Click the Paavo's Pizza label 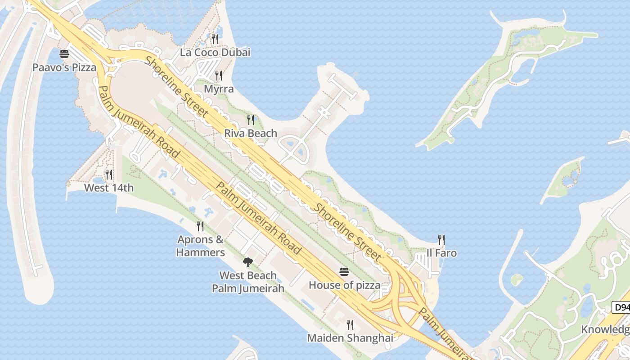64,67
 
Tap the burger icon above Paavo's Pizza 64,54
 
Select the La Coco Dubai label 215,52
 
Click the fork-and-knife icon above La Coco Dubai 215,39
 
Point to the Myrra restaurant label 219,89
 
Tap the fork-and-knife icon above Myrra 219,75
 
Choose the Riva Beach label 251,133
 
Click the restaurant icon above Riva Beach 251,120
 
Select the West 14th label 109,188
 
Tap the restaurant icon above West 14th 109,175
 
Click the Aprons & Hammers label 200,246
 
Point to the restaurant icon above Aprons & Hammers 200,226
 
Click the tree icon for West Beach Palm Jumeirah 247,262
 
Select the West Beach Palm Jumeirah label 248,282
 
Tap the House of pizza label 344,285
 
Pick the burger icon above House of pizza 344,272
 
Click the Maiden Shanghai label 350,337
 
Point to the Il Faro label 441,253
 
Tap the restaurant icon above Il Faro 441,240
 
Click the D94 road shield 621,307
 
